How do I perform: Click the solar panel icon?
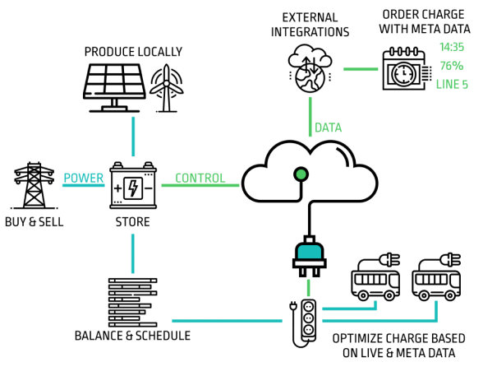coord(114,88)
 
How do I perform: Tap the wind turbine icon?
coord(166,88)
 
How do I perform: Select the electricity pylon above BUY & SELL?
coord(34,185)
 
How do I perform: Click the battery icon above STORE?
coord(133,185)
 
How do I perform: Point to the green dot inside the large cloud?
coord(301,174)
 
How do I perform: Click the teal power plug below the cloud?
coord(309,256)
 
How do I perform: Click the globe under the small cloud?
coord(310,77)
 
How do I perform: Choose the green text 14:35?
coord(452,47)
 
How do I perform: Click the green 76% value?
coord(452,66)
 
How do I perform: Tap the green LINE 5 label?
coord(452,84)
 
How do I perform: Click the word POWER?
coord(84,178)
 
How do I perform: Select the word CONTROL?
coord(200,178)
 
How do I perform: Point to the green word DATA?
coord(329,128)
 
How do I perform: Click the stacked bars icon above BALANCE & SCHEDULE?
coord(133,302)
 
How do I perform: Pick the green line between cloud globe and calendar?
coord(361,69)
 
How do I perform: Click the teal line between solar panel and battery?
coord(133,137)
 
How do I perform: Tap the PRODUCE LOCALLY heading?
coord(133,52)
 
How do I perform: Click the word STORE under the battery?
coord(133,222)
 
